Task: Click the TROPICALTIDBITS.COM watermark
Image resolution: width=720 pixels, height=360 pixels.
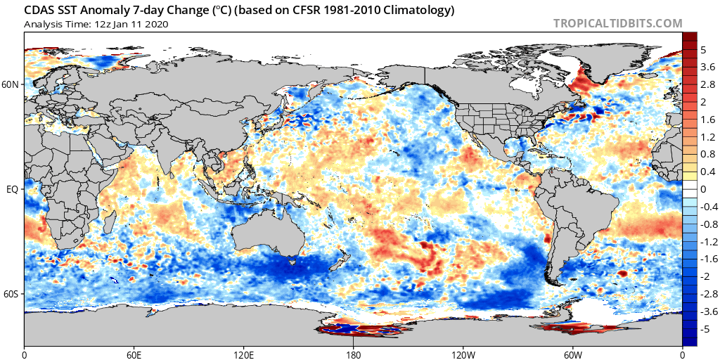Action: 617,23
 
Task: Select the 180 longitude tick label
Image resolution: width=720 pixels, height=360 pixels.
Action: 353,354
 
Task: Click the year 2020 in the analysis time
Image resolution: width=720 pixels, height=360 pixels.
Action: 157,24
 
